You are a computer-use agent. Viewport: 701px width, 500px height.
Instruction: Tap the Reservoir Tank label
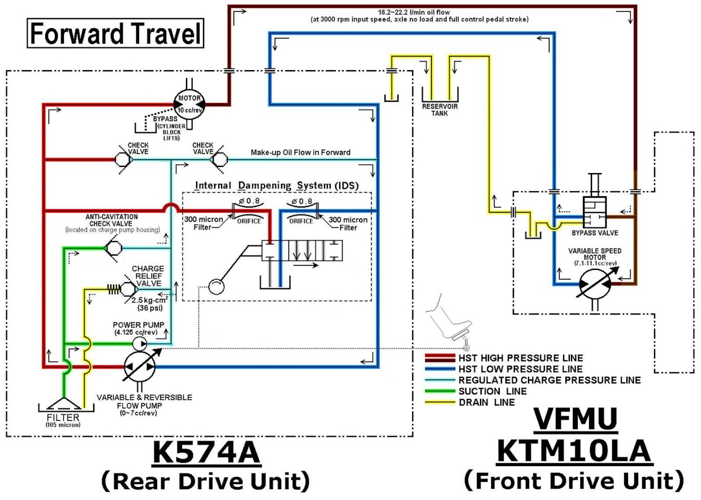coord(439,110)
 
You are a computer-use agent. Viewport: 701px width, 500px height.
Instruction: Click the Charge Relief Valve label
coord(148,275)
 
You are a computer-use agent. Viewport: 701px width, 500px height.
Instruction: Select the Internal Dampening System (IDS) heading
coord(276,186)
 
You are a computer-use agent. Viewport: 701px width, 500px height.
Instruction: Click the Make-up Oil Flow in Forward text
coord(301,152)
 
